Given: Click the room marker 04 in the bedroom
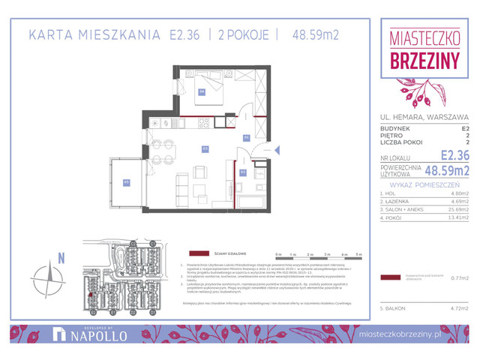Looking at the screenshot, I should [x=202, y=92].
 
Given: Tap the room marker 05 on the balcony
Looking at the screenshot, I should [x=127, y=181].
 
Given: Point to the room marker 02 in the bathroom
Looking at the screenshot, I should [x=243, y=172].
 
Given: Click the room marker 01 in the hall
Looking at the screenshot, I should [x=246, y=138].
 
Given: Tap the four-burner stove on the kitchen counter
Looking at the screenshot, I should [x=160, y=122].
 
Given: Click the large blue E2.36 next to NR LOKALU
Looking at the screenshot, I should [x=454, y=155].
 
